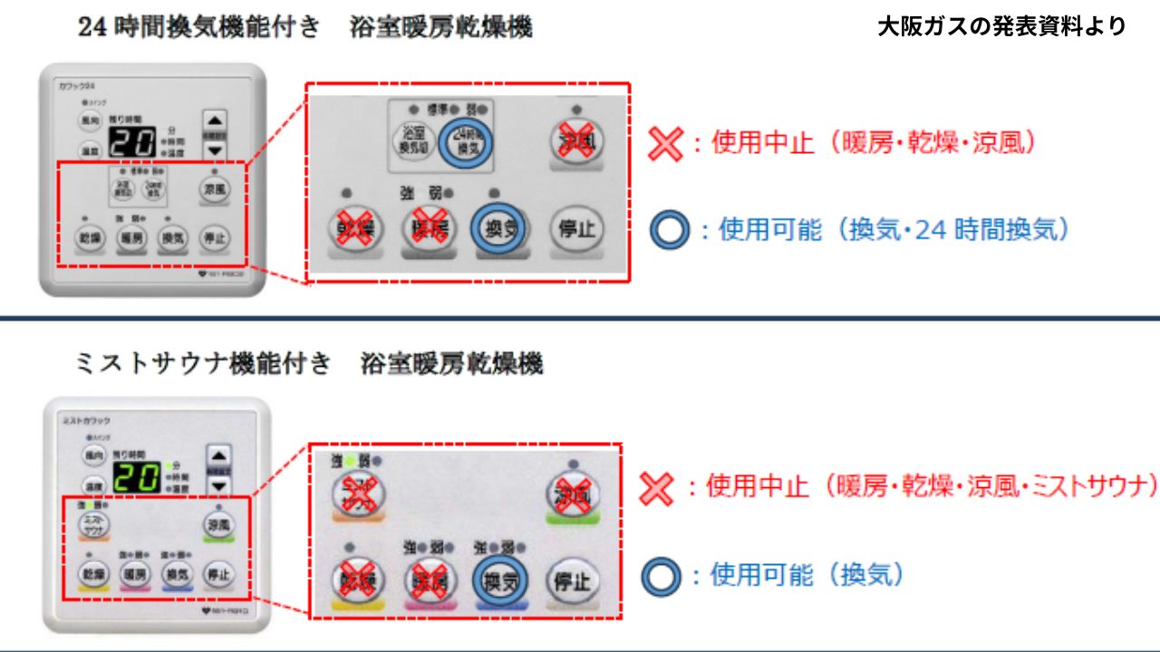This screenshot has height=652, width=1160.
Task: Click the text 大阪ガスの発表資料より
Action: [1002, 27]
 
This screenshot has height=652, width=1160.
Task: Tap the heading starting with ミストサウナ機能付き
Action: [308, 365]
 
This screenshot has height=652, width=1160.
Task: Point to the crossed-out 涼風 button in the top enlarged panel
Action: [577, 139]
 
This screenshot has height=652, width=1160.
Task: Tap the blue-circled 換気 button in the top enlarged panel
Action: [498, 228]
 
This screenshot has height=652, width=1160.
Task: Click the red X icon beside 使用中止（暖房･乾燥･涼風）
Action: [666, 143]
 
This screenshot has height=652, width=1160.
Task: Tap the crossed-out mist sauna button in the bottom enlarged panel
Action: [360, 494]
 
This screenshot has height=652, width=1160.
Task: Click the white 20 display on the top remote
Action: [136, 140]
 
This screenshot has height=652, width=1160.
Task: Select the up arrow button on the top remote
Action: [215, 121]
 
